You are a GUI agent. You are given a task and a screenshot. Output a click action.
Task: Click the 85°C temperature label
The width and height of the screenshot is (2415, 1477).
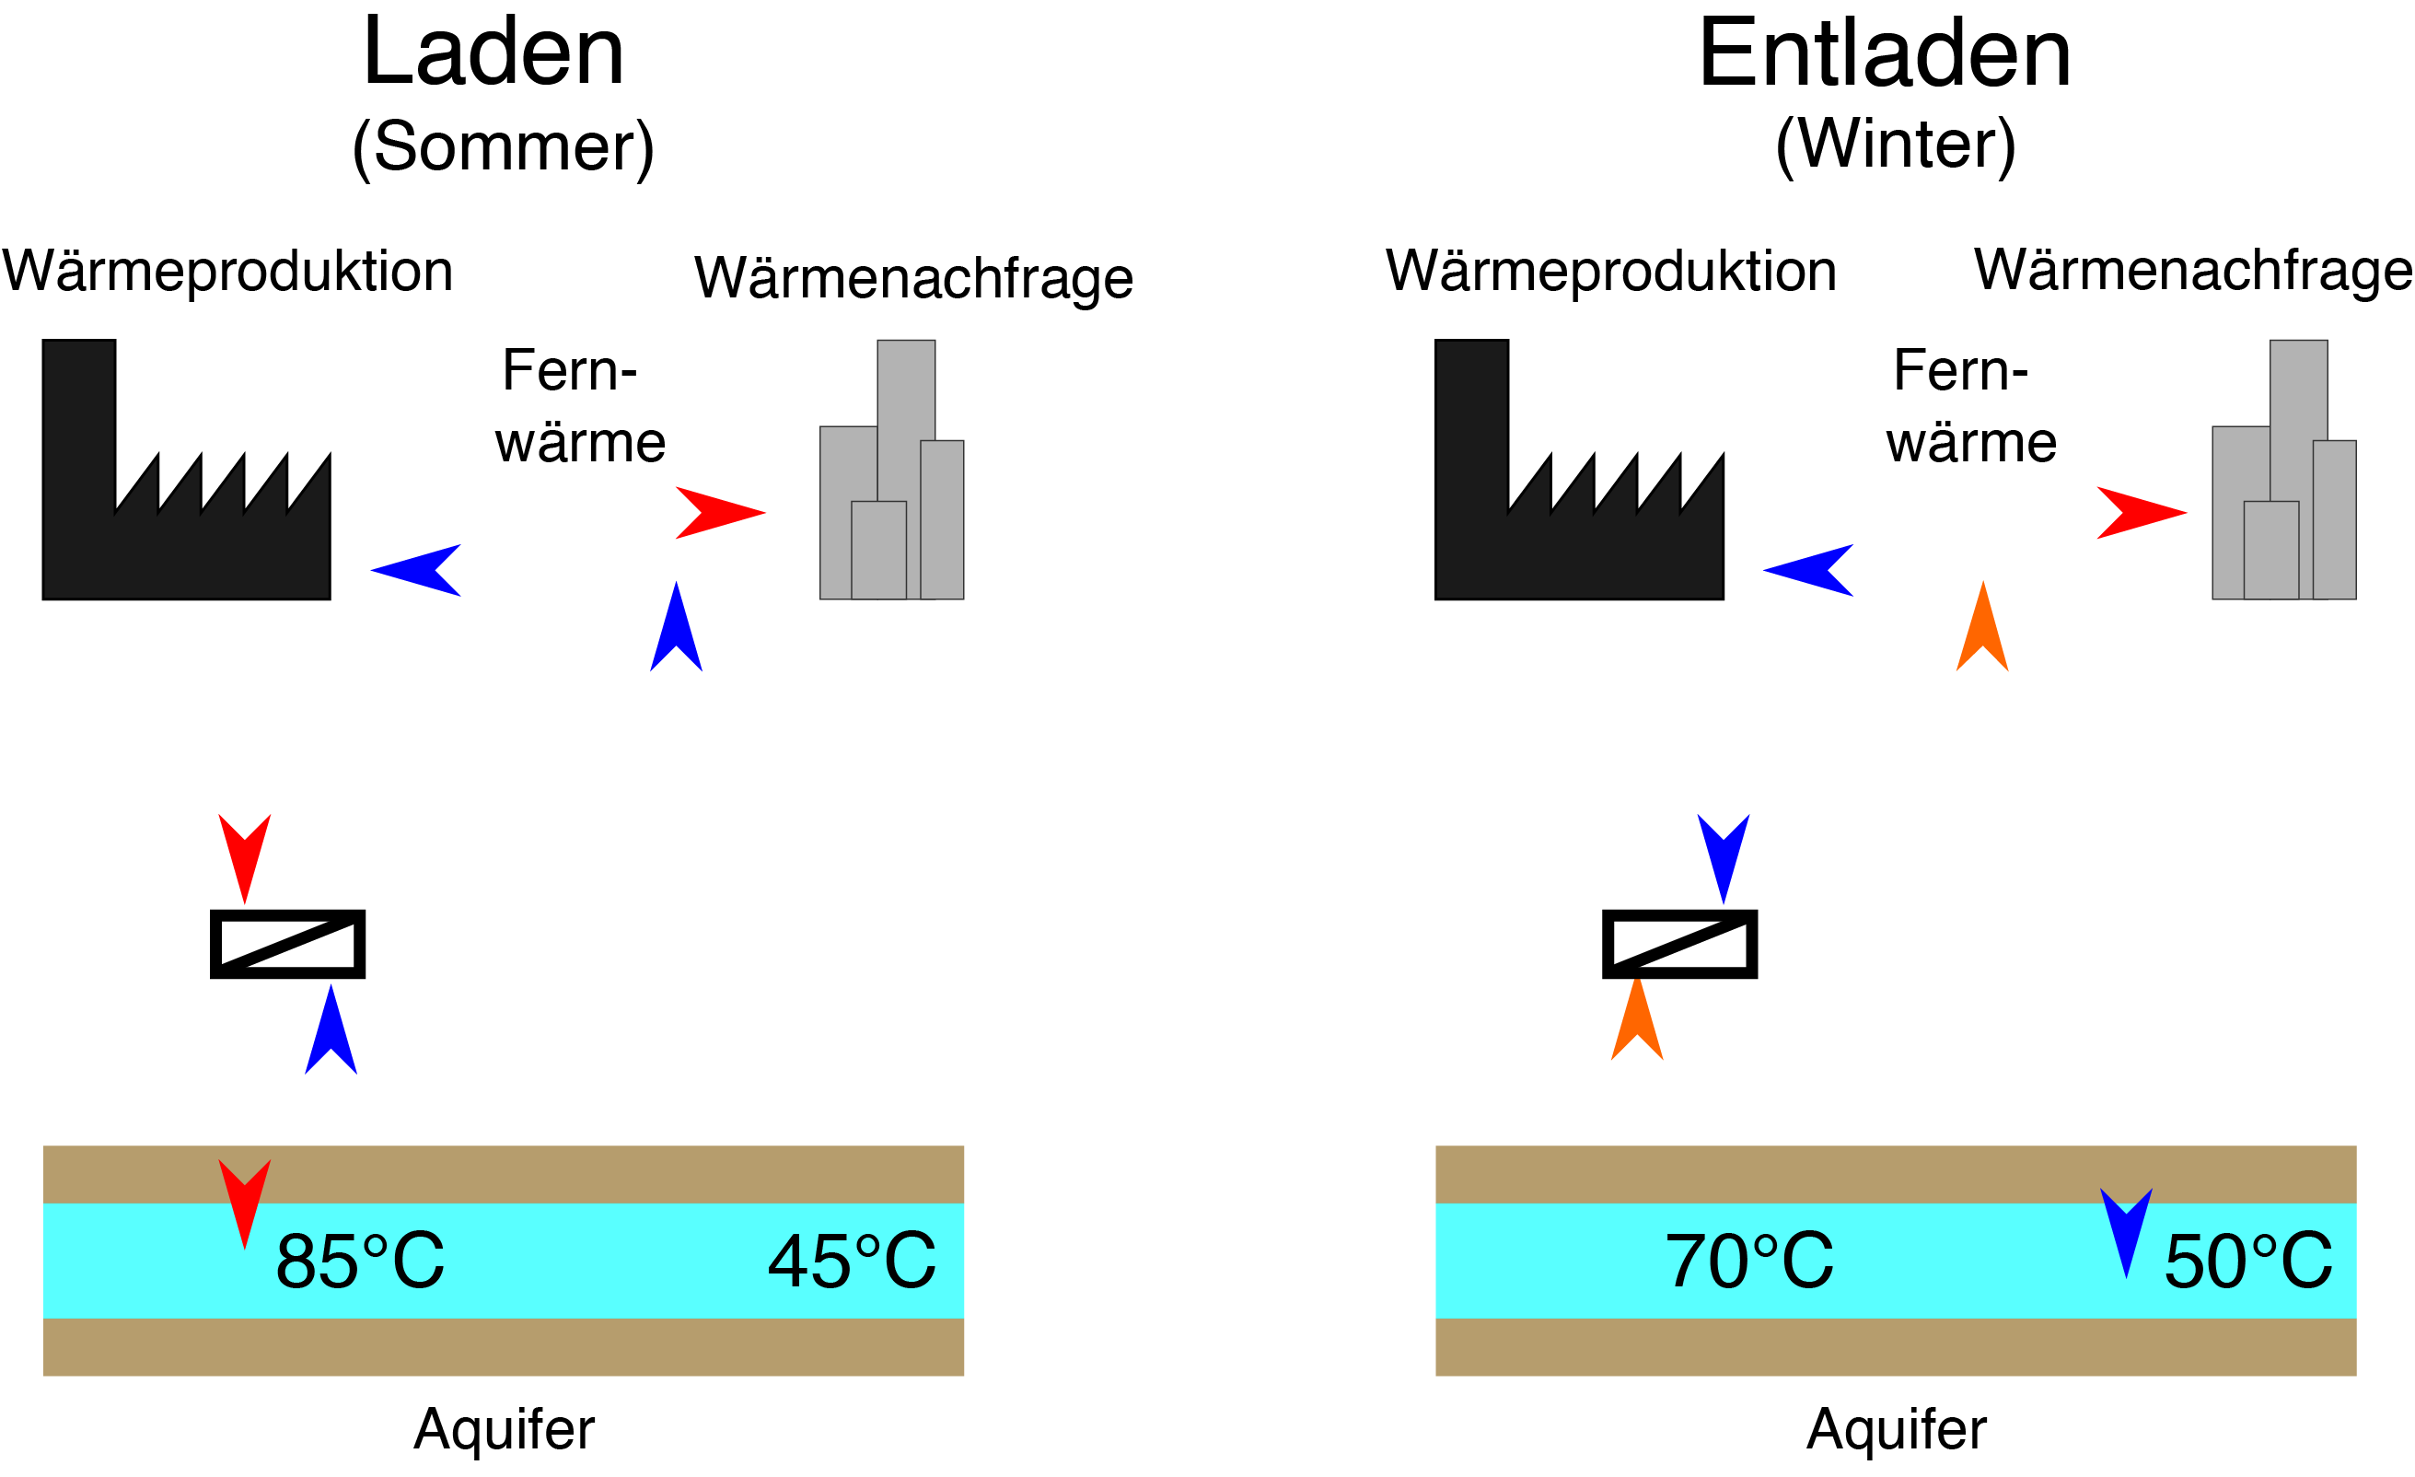coord(360,1261)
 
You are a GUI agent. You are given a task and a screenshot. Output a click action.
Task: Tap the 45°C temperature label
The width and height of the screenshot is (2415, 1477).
coord(852,1261)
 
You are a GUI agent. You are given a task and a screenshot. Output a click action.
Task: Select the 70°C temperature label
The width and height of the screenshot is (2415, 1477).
coord(1749,1261)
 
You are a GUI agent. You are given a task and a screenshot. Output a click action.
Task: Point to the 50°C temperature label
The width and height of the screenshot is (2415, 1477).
coord(2248,1261)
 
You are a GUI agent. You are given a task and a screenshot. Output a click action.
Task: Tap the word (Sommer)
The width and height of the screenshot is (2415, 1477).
coord(503,147)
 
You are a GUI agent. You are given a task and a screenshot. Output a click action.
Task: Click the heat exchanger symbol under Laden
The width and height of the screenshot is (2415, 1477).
coord(287,944)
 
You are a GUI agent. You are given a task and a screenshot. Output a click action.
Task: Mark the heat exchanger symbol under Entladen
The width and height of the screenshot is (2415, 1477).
coord(1680,944)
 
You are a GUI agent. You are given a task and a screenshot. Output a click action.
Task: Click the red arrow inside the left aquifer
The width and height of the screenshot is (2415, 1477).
coord(244,1204)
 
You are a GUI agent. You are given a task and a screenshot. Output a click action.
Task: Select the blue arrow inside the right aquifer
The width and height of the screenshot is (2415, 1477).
coord(2127,1232)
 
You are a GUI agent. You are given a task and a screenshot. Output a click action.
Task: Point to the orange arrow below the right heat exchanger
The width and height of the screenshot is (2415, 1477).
coord(1637,1019)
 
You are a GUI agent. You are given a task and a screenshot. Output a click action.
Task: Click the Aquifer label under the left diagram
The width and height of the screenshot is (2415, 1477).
coord(504,1430)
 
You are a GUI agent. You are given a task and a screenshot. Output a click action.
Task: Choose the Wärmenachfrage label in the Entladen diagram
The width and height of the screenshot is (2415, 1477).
coord(2192,271)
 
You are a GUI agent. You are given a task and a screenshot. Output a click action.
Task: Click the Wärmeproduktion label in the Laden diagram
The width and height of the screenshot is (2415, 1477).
coord(227,272)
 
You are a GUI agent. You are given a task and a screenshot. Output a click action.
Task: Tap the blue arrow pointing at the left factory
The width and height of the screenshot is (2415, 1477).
coord(415,570)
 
